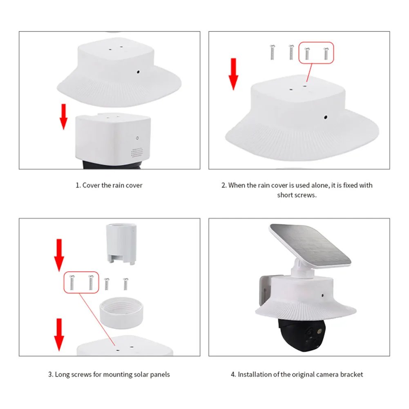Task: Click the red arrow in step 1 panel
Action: [63, 116]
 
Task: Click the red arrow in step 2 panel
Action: [233, 74]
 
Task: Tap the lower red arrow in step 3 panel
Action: [59, 333]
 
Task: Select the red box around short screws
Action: [316, 53]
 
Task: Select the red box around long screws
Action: [81, 282]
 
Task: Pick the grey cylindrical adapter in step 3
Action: [120, 243]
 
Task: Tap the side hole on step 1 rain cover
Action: [138, 72]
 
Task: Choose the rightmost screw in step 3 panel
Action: [125, 284]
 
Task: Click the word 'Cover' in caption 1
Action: [92, 185]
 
